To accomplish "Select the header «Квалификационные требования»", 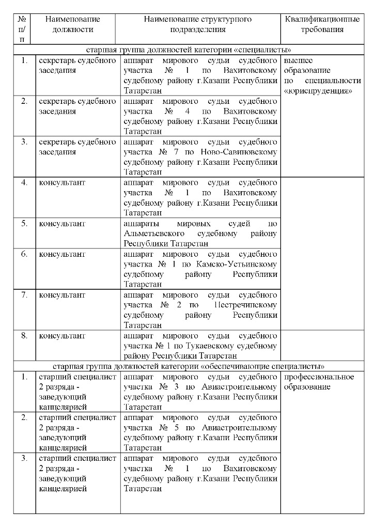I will pos(322,24).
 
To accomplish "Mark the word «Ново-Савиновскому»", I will pos(242,152).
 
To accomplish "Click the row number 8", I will pos(24,336).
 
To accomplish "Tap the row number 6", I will pos(24,254).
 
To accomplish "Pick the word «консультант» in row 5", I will pos(62,224).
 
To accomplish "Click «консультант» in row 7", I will pos(62,295).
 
